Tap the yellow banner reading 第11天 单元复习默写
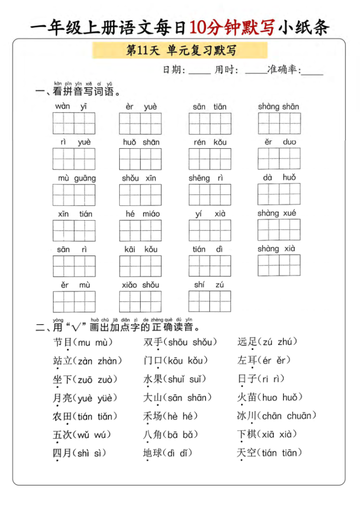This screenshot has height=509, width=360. (x=180, y=51)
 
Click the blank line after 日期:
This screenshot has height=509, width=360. (x=199, y=72)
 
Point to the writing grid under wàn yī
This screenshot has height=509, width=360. (x=74, y=123)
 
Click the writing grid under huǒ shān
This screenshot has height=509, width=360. (x=140, y=159)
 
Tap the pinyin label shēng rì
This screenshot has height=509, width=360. (x=206, y=178)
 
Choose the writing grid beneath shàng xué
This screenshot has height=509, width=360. (x=279, y=229)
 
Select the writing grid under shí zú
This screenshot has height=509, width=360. (x=210, y=301)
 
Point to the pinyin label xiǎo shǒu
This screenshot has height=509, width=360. (x=140, y=285)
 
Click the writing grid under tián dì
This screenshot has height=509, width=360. (x=210, y=266)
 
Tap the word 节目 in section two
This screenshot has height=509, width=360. (x=63, y=342)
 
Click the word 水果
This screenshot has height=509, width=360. (x=153, y=379)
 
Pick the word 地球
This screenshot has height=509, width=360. (x=153, y=453)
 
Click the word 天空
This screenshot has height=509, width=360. (x=247, y=453)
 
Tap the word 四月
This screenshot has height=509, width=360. (x=63, y=453)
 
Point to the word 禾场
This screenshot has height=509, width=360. (x=153, y=416)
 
